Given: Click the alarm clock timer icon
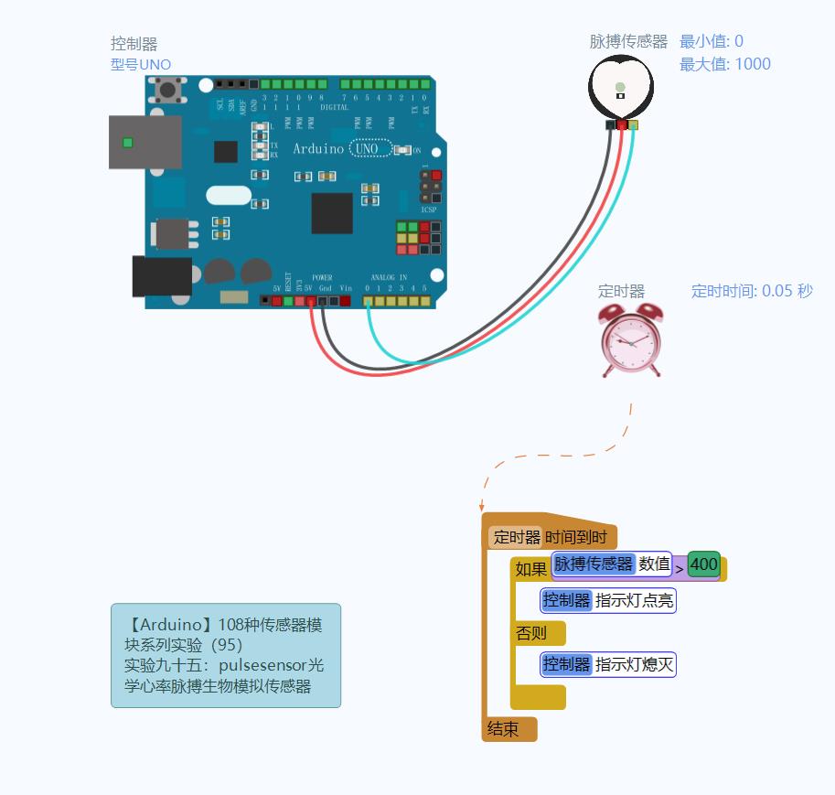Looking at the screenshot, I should coord(631,339).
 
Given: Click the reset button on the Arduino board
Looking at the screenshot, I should coord(167,90).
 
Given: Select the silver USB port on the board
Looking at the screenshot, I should coord(145,142).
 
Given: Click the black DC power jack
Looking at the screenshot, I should coord(162,276).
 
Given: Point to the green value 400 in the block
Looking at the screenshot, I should coord(703,564).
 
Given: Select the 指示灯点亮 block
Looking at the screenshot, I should coord(608,600).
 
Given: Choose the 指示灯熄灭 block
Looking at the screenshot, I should coord(608,664).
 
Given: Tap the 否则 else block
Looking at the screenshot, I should coord(532,633).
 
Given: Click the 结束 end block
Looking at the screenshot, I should coord(504,729).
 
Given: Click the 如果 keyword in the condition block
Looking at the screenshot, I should coord(530,569).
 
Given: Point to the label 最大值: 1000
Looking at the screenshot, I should coord(724,64).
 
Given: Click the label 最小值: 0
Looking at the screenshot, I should coord(711,41).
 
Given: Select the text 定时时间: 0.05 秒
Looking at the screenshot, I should coord(751,291).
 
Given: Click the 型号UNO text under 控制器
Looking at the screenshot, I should coord(140,64).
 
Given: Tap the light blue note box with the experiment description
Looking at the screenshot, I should coord(225,655).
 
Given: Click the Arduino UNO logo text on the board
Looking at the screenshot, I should coord(343,148).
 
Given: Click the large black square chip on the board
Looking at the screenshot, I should coord(331,213).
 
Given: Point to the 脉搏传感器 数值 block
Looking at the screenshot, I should coord(611,564).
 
